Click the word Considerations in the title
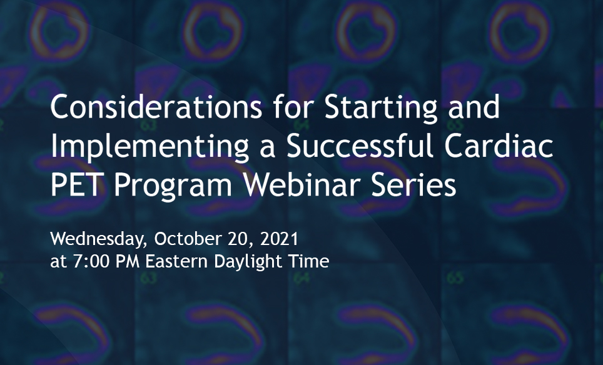tap(156, 107)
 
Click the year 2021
tap(280, 239)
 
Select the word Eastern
tap(177, 262)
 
